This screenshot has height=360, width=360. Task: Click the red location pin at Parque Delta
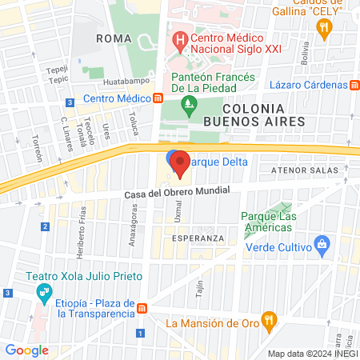tap(180, 164)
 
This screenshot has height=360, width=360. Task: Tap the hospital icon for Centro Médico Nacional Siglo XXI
tap(180, 38)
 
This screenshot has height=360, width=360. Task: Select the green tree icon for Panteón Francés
tap(189, 102)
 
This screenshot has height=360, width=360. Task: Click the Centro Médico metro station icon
tap(158, 98)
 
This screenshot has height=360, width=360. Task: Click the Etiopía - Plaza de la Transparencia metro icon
tap(142, 309)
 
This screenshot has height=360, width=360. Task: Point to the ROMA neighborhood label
tap(113, 38)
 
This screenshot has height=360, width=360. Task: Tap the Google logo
tap(27, 350)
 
